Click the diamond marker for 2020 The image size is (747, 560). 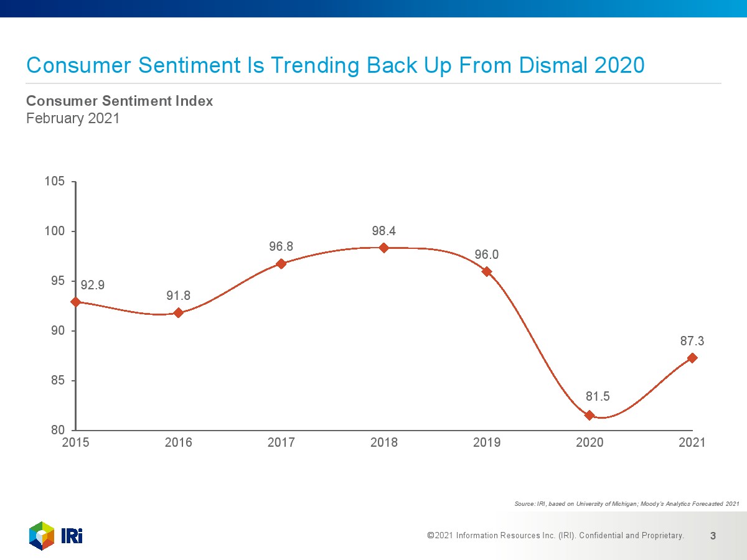coord(590,415)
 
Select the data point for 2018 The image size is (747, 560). coord(383,248)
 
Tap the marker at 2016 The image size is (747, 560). coord(178,312)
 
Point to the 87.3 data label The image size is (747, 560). coord(692,341)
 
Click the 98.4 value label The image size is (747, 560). coord(384,231)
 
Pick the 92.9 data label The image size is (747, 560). coord(93,285)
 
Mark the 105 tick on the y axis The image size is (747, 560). coord(55,182)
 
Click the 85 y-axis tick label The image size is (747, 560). coord(58,380)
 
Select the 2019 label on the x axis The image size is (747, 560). coord(487,442)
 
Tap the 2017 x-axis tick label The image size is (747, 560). coord(281,442)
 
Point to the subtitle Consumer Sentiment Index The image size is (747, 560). coord(120,101)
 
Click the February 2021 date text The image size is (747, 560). coord(72,118)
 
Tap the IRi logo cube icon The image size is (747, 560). coord(42,536)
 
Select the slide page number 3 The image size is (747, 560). coord(713,535)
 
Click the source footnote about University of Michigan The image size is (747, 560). coord(627,503)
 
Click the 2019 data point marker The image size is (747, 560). coord(487,271)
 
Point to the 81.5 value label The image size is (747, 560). coord(598,396)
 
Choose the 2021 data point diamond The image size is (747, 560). coord(692,358)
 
